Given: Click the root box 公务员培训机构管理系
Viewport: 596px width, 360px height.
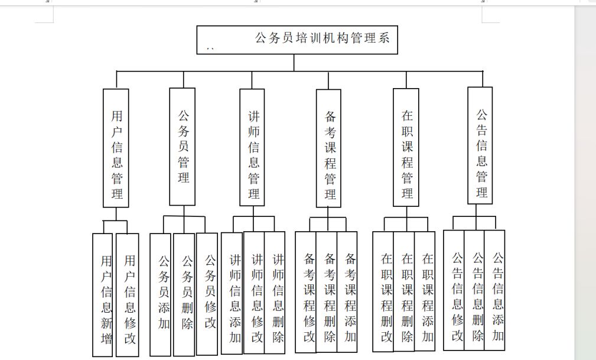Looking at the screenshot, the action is (297, 40).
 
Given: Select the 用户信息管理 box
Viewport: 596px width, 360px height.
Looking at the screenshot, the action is (116, 148).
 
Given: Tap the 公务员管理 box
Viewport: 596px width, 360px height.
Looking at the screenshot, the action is (183, 147).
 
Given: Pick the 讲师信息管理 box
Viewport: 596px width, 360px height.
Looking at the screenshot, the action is (252, 148).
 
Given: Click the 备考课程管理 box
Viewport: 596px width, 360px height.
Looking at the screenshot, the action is (328, 148).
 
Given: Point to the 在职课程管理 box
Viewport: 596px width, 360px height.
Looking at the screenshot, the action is (406, 148).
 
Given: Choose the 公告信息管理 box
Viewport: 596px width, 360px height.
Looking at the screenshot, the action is (480, 146).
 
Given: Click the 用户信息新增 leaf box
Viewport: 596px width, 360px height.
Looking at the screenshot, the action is (103, 295).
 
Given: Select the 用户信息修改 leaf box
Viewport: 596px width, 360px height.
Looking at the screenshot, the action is (128, 295).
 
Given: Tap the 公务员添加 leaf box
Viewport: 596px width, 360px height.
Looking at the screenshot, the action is (161, 294).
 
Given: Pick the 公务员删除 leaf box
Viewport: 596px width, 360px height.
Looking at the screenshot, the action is (184, 294).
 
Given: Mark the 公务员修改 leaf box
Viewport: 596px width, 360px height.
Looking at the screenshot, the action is (207, 294).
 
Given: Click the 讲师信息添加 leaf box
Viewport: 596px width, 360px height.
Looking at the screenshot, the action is (232, 293).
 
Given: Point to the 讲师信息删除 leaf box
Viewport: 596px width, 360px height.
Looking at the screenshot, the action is (275, 293).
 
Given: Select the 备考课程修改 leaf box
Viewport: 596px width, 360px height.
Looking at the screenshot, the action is (306, 292).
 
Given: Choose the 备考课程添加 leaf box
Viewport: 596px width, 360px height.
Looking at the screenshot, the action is (347, 292).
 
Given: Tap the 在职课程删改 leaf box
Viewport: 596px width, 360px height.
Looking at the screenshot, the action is (383, 291).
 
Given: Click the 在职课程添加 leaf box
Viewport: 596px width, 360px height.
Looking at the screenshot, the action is (425, 291).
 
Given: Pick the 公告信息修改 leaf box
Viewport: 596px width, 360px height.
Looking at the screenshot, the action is (454, 290).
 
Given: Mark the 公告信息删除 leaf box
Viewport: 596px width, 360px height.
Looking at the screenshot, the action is (474, 290).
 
